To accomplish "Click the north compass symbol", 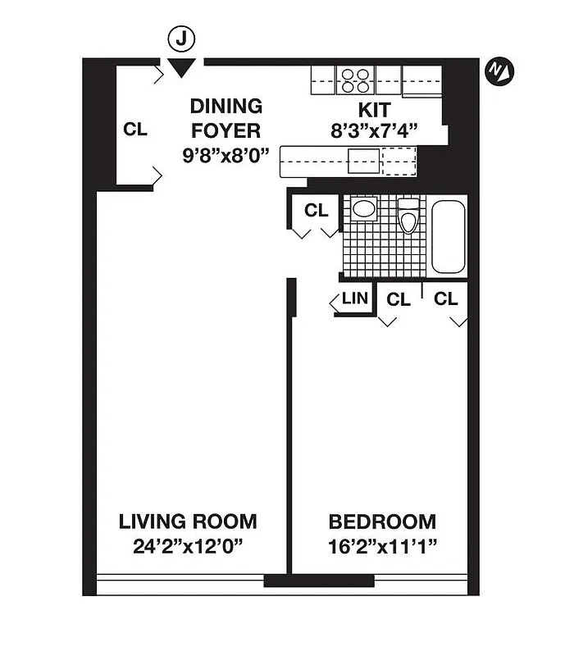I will point(499,71).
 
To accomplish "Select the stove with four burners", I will point(353,79).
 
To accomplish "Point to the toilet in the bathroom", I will point(408,217).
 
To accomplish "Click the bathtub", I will point(448,236).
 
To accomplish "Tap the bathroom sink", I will point(363,208).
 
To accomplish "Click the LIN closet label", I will point(354,298).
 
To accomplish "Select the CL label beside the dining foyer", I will point(135,130).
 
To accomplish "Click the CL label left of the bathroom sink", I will point(316,210).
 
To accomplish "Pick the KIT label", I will point(373,109).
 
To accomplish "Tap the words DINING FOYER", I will point(226,118).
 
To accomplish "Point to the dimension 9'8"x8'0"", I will point(226,153).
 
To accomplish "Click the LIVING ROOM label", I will point(188,522).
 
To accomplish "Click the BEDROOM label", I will point(382,522).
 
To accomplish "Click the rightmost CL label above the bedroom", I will point(445,299).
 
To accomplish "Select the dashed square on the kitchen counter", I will point(399,162).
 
